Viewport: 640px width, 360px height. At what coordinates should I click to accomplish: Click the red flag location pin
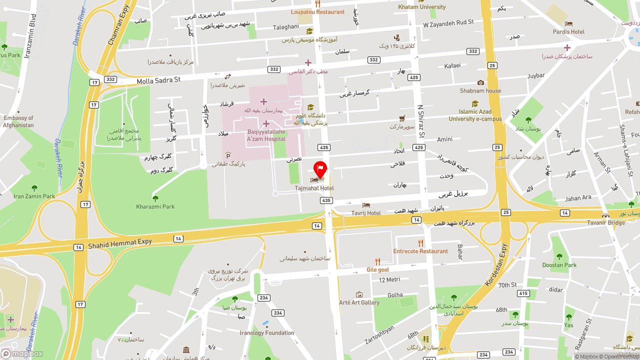tap(320, 169)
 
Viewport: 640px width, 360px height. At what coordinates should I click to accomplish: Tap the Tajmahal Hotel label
tap(314, 188)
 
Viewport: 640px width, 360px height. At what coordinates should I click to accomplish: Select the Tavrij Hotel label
tap(365, 213)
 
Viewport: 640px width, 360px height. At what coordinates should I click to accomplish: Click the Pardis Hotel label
tap(568, 31)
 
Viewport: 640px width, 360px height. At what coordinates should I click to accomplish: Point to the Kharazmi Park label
tap(155, 206)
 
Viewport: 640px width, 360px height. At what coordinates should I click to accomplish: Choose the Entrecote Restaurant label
tap(420, 251)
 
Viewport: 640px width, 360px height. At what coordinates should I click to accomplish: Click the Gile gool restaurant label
tap(377, 269)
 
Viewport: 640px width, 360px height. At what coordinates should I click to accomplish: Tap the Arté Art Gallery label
tap(359, 302)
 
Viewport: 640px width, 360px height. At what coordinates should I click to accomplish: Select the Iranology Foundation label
tap(266, 332)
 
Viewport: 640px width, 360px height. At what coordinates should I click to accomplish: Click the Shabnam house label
tap(480, 90)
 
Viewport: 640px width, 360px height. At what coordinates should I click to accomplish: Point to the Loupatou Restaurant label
tap(317, 11)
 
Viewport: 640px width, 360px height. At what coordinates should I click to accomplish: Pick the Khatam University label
tap(421, 7)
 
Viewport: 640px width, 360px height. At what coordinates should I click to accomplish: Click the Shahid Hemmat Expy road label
tap(120, 243)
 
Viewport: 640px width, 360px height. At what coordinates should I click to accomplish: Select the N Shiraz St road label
tap(421, 121)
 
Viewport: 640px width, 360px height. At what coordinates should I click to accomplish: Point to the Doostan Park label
tap(559, 265)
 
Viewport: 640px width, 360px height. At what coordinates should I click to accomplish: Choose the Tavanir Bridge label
tap(605, 222)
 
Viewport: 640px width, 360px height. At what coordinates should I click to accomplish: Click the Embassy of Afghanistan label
tap(18, 121)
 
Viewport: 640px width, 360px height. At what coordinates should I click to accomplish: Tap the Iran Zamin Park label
tap(34, 196)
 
